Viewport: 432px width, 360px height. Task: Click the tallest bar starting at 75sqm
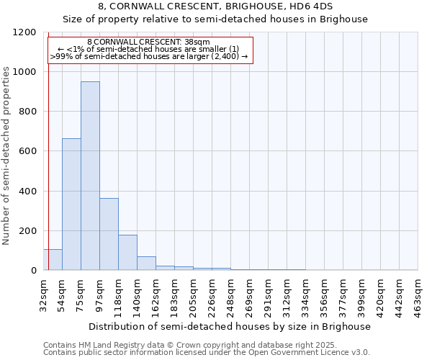click(x=90, y=176)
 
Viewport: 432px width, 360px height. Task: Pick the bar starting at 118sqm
click(x=127, y=252)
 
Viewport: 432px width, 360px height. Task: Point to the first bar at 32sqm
click(x=53, y=259)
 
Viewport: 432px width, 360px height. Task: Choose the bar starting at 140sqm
click(x=146, y=263)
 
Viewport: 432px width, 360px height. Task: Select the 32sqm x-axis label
click(x=43, y=292)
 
